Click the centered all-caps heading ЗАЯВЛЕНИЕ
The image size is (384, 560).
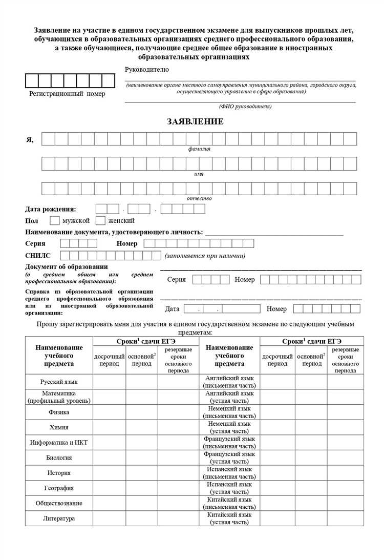195,121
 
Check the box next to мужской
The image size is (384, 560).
54,221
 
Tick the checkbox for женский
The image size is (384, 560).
100,221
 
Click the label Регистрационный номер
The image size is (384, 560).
67,94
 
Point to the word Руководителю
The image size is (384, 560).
146,70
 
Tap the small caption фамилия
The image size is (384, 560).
199,149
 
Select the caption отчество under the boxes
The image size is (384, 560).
199,198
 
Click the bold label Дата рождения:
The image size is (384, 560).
51,209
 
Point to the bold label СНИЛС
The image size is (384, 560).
37,255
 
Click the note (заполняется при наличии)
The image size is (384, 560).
205,256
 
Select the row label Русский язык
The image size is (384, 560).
59,382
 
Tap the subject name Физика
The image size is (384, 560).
59,412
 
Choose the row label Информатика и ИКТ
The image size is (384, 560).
59,442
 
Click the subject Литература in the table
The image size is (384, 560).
59,518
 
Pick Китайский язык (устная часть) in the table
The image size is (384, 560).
229,518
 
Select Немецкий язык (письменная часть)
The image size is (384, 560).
229,412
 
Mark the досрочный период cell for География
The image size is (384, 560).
109,488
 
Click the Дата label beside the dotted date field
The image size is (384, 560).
172,309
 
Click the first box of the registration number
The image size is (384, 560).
32,81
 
